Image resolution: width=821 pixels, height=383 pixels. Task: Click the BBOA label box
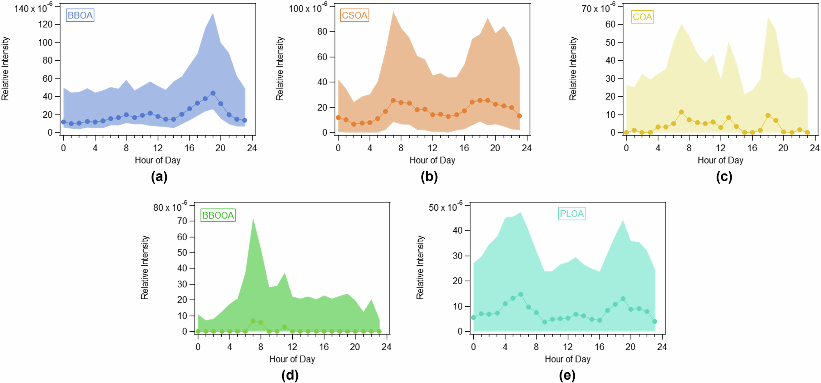click(80, 16)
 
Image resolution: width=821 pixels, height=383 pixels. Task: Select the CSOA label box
click(355, 16)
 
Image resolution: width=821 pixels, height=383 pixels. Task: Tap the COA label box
click(642, 17)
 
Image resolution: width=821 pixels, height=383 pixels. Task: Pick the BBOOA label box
click(218, 215)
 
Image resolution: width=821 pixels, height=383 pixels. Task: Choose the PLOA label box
click(571, 214)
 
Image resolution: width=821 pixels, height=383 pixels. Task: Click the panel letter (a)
click(159, 177)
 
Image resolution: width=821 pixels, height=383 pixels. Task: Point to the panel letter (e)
click(567, 375)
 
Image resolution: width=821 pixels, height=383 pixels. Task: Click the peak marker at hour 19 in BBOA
click(213, 93)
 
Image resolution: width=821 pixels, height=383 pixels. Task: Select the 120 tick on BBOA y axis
click(46, 25)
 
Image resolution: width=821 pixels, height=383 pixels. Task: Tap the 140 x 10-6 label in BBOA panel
click(33, 8)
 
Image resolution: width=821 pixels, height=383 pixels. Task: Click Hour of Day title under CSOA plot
click(432, 160)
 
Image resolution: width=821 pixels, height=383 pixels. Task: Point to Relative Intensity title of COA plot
click(573, 68)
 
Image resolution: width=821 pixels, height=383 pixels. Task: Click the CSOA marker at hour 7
click(393, 100)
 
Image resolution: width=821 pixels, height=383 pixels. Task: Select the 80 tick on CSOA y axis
click(322, 32)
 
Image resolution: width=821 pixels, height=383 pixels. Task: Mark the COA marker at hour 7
click(681, 112)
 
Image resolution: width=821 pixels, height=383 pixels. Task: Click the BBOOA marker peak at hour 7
click(253, 321)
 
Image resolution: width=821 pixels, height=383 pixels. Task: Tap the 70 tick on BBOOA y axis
click(182, 221)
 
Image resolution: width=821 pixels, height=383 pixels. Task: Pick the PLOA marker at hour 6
click(521, 294)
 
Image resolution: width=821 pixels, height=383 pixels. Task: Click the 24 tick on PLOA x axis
click(662, 347)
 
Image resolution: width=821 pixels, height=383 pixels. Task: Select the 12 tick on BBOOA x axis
click(292, 347)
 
